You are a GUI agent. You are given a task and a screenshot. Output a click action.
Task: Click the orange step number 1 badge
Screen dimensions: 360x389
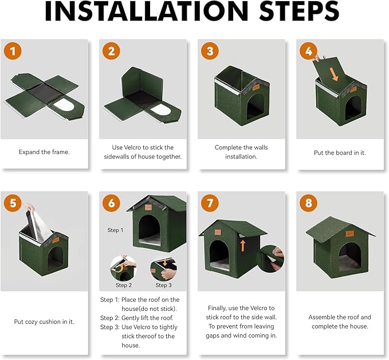pos(13,51)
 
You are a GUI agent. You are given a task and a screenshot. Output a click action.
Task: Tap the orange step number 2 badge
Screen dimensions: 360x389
pos(111,51)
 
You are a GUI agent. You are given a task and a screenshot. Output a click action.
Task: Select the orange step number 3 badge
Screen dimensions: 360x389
pos(210,51)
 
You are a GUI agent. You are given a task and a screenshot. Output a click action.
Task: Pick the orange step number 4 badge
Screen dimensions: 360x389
pos(308,51)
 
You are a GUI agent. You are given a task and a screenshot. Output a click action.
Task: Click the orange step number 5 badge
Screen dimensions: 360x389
pos(13,204)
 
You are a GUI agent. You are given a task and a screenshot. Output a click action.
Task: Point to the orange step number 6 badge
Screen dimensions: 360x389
pos(111,204)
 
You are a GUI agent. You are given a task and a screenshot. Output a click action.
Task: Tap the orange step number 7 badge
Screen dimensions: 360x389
pos(210,204)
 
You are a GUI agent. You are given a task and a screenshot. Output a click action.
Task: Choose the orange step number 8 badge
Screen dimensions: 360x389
pos(308,204)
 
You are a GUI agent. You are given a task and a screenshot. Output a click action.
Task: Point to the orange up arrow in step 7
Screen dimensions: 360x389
pos(243,246)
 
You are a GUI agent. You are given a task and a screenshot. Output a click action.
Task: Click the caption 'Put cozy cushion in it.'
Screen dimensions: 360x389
pos(44,322)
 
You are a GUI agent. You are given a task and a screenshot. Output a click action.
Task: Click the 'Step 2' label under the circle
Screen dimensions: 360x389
pos(124,285)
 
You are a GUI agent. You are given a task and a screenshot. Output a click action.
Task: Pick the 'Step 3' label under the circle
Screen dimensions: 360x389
pos(163,285)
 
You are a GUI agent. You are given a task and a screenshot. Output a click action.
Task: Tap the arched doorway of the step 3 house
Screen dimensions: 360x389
pos(255,107)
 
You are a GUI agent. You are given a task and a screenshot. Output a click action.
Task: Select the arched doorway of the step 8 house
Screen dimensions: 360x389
pos(349,256)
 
